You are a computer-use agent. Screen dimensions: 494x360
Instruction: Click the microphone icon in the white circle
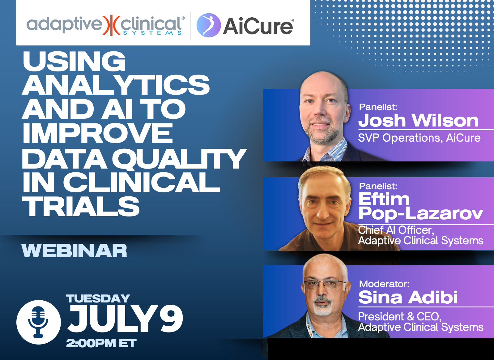(x=38, y=322)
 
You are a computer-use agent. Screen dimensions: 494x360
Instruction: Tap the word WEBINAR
(x=74, y=251)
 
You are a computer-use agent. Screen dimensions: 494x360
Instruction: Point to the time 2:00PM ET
(x=101, y=343)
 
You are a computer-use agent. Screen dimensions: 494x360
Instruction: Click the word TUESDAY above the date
(x=98, y=299)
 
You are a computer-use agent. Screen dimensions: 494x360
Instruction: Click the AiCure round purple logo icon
(x=208, y=25)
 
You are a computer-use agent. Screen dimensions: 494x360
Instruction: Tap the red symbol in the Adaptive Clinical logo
(x=111, y=25)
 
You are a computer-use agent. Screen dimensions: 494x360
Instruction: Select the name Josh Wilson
(x=418, y=120)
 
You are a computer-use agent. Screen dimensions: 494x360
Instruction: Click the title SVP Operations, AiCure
(x=419, y=138)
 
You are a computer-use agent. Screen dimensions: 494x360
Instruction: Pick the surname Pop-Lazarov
(x=421, y=213)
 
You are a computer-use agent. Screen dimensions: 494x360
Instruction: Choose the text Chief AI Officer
(x=396, y=230)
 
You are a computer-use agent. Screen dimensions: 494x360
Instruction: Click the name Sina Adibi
(x=408, y=297)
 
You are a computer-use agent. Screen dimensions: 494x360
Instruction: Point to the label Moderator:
(x=384, y=284)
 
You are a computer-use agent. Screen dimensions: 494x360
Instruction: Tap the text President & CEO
(x=400, y=317)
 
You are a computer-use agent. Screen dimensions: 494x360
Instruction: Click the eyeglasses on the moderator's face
(x=325, y=285)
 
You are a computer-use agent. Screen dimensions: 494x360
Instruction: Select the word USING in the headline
(x=74, y=61)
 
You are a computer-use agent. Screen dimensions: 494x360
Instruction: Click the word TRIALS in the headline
(x=81, y=207)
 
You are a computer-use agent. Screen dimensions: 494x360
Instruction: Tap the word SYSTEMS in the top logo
(x=152, y=33)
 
